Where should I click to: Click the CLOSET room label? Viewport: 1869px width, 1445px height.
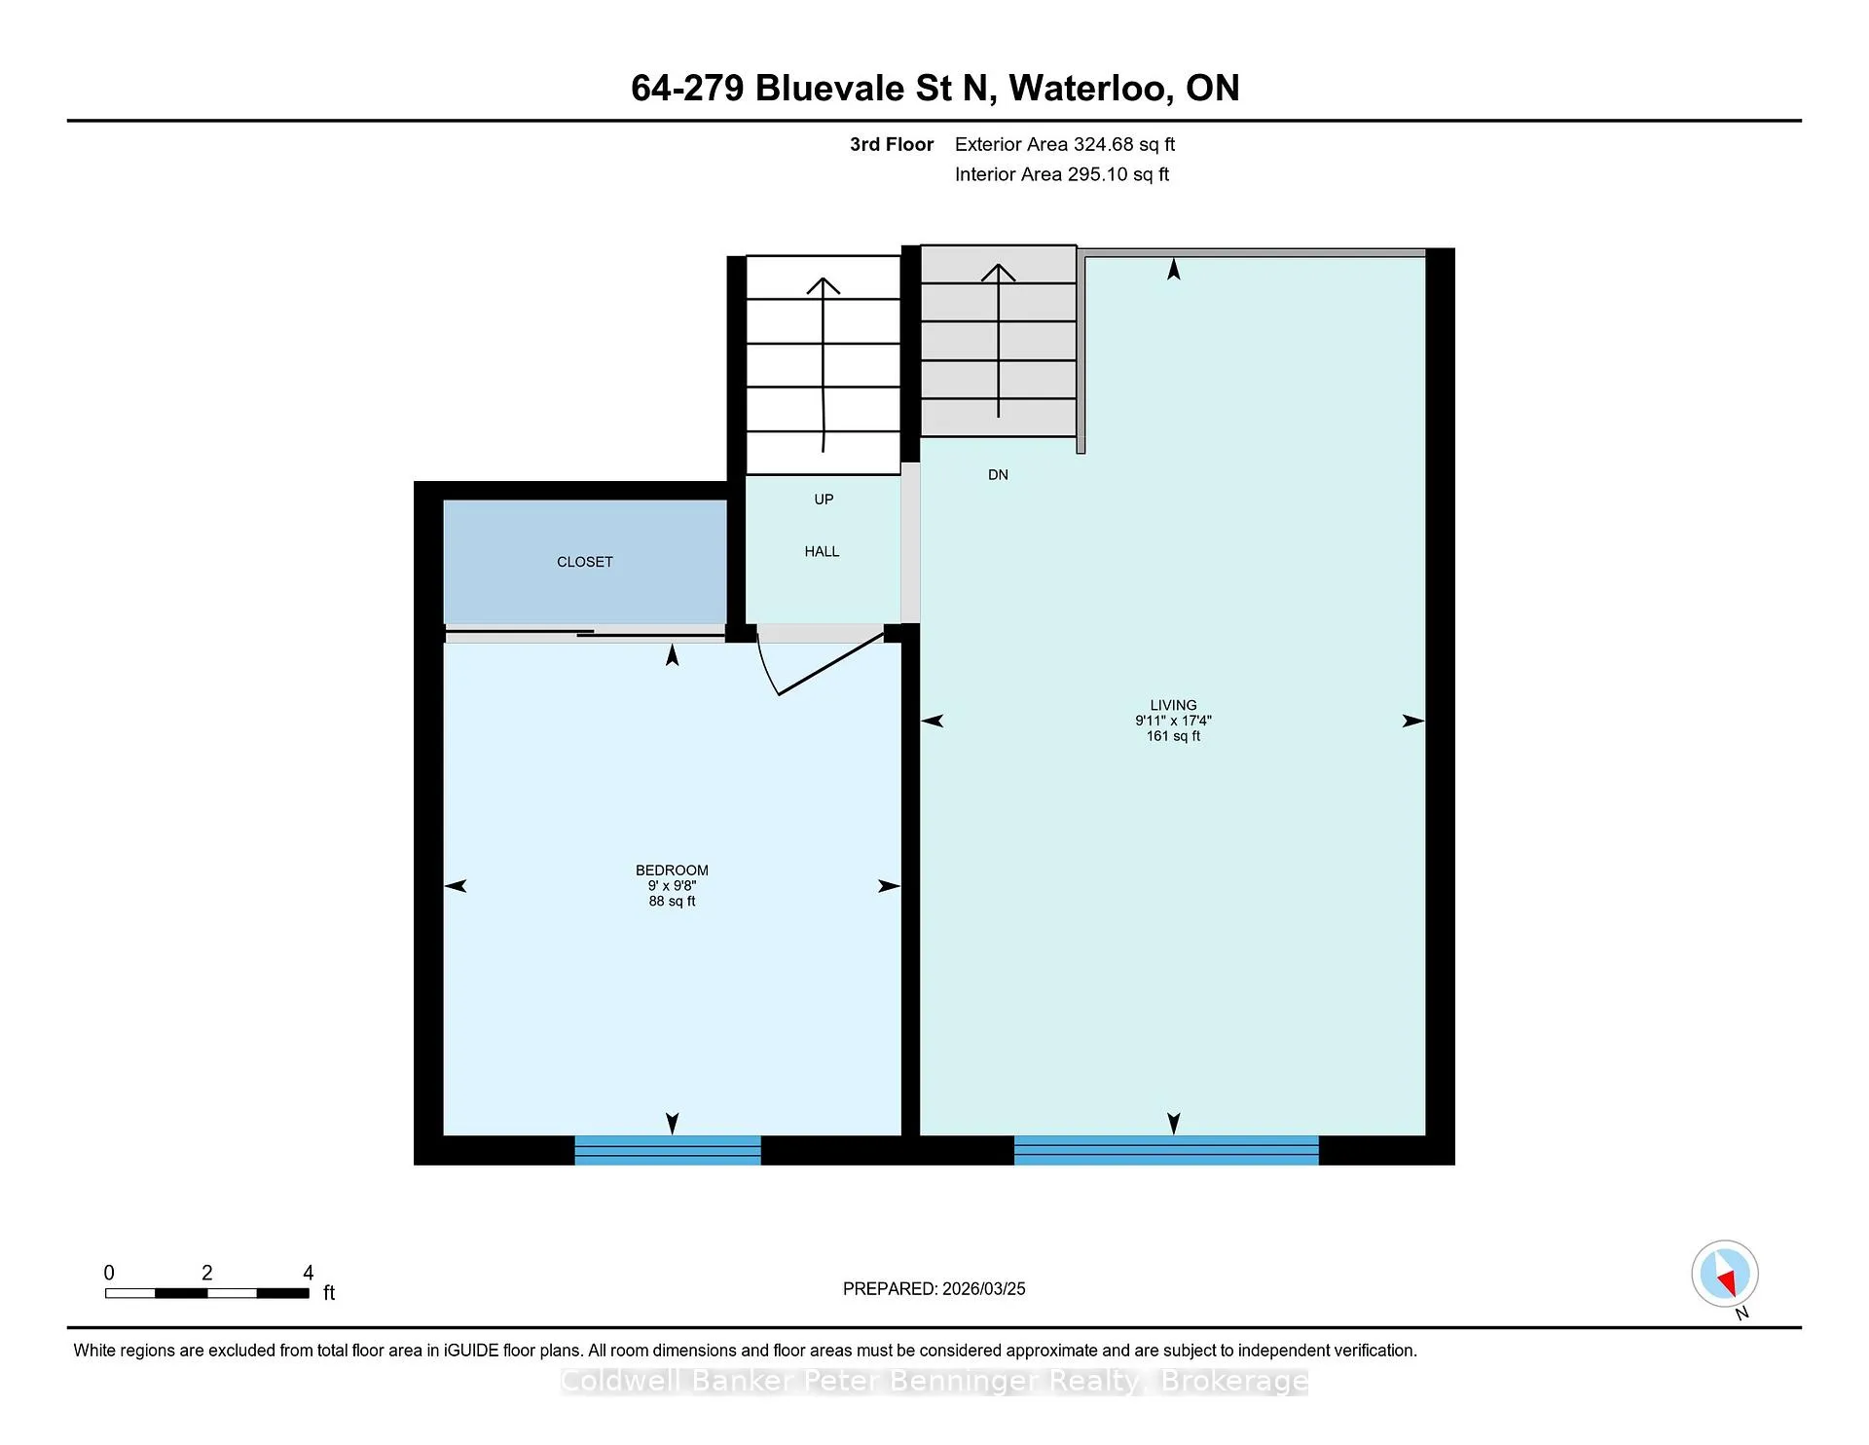click(584, 562)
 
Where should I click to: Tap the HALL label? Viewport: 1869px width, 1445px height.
click(822, 551)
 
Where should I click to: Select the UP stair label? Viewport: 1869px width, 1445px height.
click(824, 500)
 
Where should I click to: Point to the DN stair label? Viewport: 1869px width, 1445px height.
click(998, 475)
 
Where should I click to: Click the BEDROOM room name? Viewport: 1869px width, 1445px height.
click(672, 871)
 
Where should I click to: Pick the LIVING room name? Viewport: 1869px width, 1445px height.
click(1173, 705)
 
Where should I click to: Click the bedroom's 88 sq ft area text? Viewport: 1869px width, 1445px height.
click(672, 902)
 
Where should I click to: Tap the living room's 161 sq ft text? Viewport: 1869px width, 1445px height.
click(1173, 736)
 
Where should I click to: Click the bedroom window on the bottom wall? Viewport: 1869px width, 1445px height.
click(668, 1150)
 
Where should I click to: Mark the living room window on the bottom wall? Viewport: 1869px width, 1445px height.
click(1166, 1150)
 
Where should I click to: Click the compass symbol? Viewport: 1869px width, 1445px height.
click(1725, 1274)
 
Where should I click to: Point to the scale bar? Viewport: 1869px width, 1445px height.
click(207, 1293)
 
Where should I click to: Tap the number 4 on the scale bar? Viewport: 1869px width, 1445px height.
click(309, 1273)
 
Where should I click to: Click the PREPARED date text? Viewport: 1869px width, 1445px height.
click(934, 1288)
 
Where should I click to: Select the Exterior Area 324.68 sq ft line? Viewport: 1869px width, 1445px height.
click(1065, 144)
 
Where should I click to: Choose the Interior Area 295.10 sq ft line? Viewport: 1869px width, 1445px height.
click(1062, 174)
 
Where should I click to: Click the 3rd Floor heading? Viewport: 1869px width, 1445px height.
click(892, 144)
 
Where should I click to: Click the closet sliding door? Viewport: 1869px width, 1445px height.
click(585, 633)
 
